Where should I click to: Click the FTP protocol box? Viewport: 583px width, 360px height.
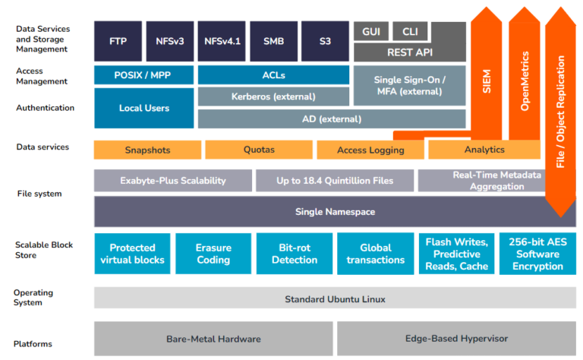[118, 41]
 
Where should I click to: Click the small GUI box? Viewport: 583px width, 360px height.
[371, 31]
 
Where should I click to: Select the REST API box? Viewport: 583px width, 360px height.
[409, 52]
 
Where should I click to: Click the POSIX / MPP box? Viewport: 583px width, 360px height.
[143, 75]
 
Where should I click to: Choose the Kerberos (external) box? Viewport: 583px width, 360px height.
[273, 96]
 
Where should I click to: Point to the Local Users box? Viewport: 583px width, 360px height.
[143, 108]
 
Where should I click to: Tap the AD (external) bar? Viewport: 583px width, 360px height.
[331, 118]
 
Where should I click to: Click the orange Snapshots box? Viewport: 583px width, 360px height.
[147, 150]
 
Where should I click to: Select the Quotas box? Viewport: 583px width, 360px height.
[259, 150]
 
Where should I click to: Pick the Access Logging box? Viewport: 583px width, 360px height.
[370, 150]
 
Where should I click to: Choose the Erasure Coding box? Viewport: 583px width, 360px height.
[213, 254]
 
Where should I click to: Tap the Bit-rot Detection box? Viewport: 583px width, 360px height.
[295, 254]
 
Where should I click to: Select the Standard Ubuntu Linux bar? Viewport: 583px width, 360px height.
[335, 298]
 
